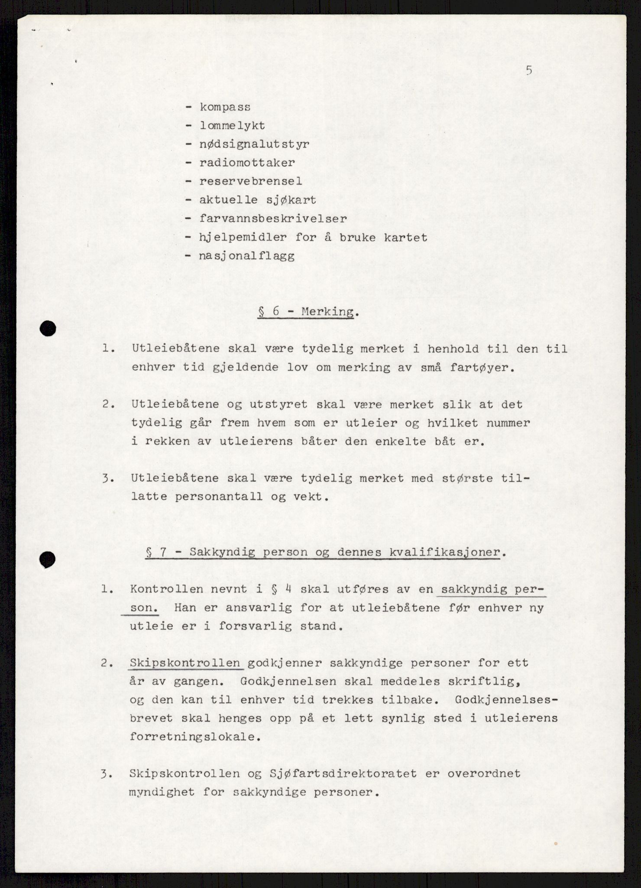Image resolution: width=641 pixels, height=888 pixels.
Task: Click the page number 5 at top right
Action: [x=529, y=71]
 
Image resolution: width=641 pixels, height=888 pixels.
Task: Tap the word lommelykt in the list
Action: [x=232, y=126]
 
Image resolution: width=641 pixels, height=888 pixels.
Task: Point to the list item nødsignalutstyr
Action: [x=254, y=144]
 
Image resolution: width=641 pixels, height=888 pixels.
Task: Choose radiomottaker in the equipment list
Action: [x=247, y=163]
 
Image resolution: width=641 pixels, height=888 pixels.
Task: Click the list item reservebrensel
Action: [x=251, y=182]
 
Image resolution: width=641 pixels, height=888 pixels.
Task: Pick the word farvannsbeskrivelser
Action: [x=273, y=219]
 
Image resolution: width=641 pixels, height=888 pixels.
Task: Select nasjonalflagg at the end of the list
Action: [x=247, y=256]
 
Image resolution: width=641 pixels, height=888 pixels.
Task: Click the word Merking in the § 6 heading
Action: [x=327, y=312]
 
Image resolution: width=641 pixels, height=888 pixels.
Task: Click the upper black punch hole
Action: [x=48, y=329]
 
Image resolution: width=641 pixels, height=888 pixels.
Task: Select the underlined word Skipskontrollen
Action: [x=185, y=663]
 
